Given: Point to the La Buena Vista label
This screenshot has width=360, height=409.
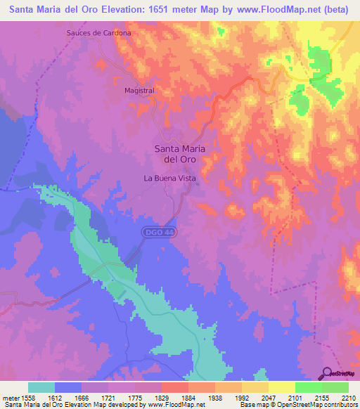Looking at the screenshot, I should pos(169,178).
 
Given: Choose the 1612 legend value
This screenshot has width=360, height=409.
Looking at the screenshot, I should pos(62,397).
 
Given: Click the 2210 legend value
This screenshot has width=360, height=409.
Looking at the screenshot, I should pos(348,397).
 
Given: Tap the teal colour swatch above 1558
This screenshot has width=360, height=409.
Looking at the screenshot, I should pos(41,387).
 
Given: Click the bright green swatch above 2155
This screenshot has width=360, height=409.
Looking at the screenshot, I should pos(309,387).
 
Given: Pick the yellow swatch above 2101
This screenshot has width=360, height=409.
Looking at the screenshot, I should pos(282,387).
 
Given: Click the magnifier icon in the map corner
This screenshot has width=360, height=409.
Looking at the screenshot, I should pos(328,372).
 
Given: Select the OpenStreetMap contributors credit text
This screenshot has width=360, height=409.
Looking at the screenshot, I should pos(316,405).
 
